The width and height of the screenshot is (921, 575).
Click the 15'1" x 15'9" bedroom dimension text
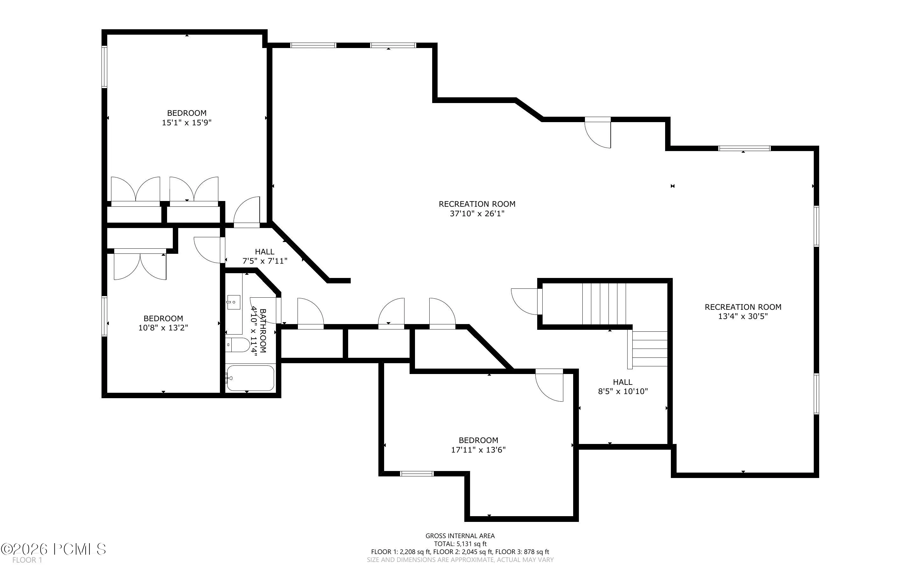[186, 122]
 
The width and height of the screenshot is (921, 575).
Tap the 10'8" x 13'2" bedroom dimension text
[163, 328]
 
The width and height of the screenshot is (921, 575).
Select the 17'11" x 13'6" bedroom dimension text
[478, 450]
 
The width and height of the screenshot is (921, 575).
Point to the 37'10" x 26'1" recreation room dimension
[477, 214]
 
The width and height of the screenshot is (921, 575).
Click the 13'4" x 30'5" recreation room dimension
[743, 316]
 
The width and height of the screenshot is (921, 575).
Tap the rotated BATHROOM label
[263, 330]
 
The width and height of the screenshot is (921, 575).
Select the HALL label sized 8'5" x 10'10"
[623, 382]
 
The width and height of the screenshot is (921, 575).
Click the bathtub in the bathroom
[250, 378]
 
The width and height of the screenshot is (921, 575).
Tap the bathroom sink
[233, 302]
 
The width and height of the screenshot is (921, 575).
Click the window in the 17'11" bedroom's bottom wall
[417, 474]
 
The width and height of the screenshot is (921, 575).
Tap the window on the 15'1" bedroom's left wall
[104, 67]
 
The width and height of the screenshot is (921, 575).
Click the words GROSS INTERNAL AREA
[460, 536]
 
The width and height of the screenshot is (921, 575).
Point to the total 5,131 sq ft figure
[460, 544]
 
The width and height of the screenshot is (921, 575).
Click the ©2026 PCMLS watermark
[53, 549]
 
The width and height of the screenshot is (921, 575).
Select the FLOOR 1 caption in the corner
[27, 560]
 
